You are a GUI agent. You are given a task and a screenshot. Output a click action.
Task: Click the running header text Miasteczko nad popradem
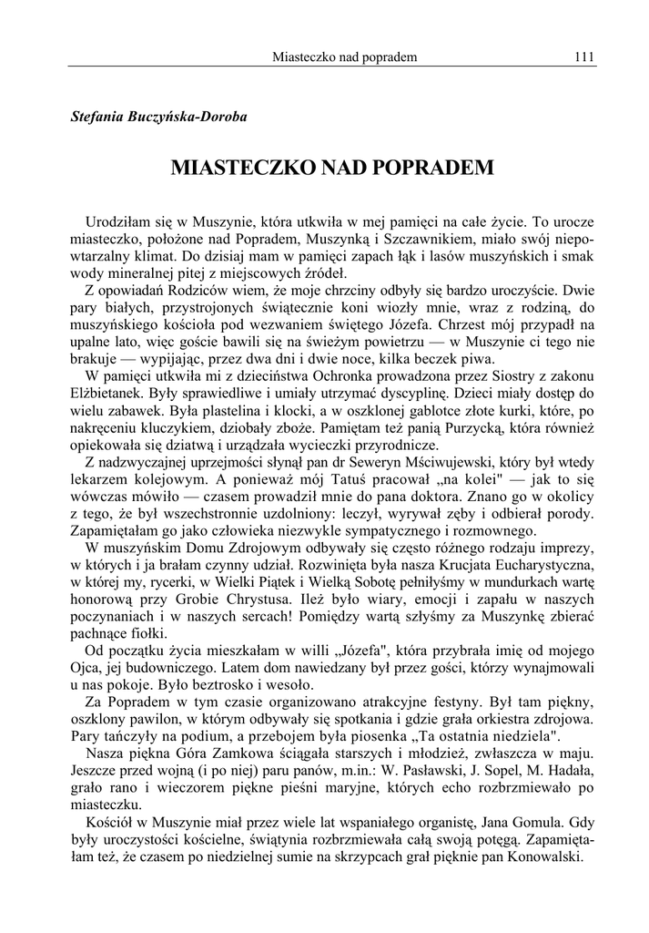coord(344,57)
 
